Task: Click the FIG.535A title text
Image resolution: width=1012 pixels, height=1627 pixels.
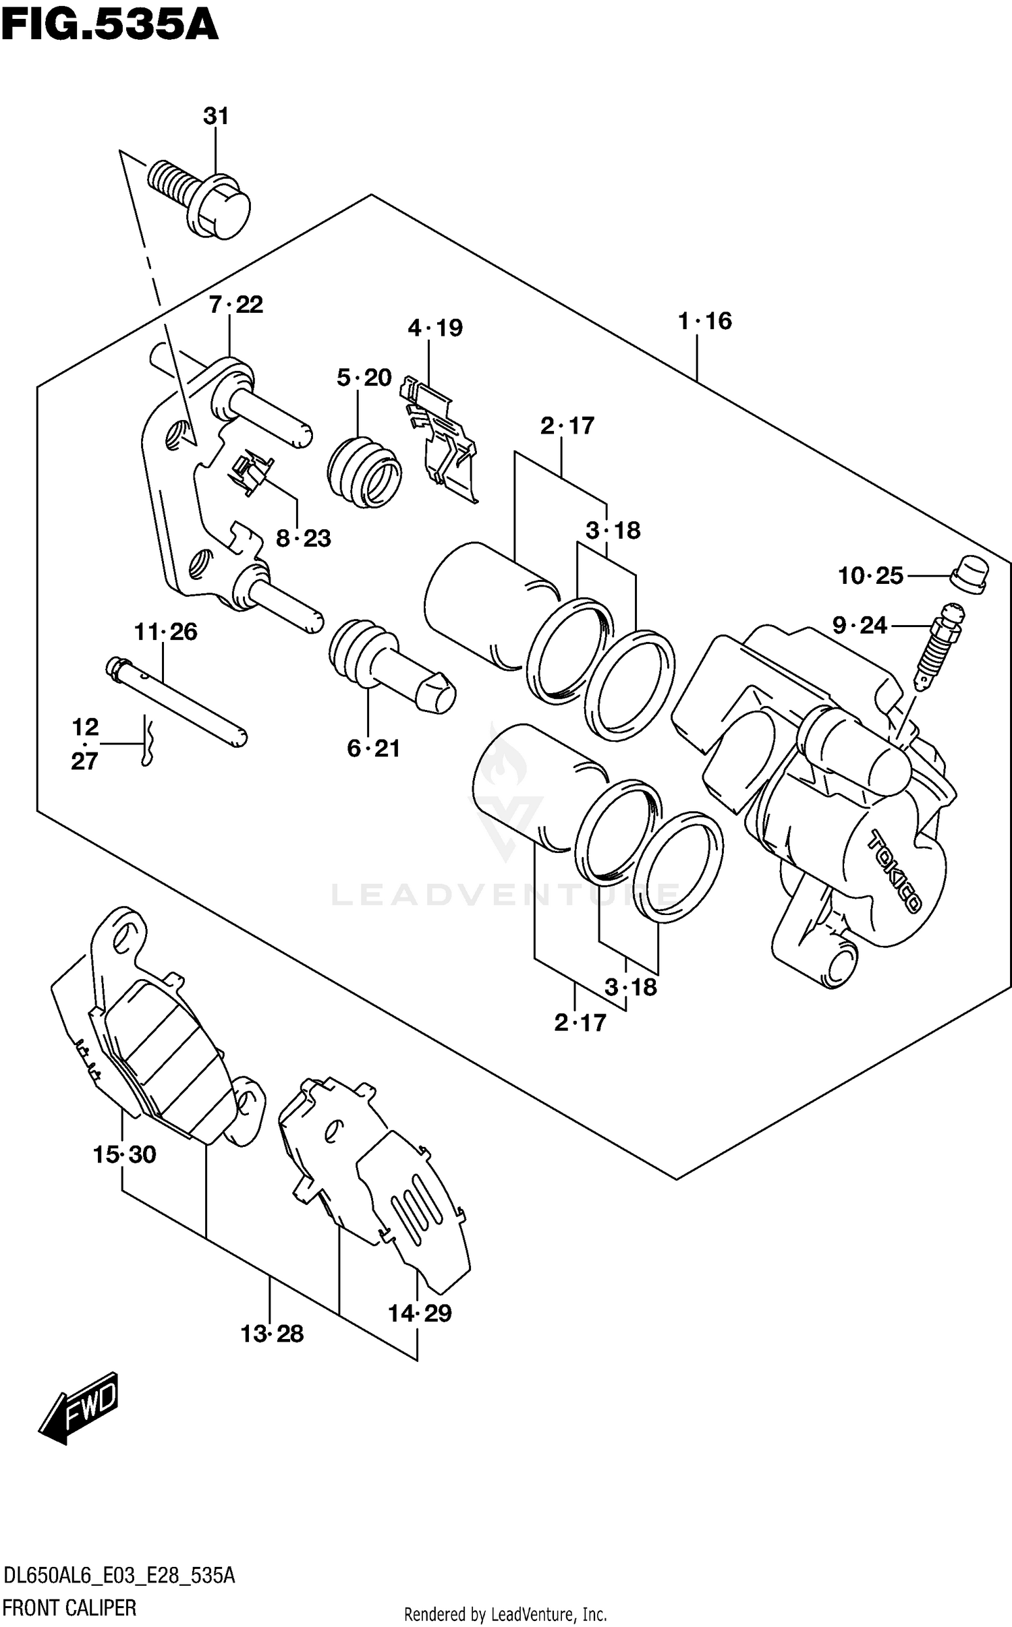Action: (x=110, y=25)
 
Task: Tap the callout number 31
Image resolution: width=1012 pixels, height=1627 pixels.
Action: (x=216, y=117)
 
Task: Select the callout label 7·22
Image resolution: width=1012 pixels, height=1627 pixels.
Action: (x=235, y=305)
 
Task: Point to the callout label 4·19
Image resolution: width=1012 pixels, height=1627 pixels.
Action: (x=435, y=328)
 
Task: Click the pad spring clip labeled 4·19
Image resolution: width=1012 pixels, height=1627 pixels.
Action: (x=442, y=438)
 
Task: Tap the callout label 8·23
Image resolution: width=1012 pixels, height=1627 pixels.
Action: (x=304, y=538)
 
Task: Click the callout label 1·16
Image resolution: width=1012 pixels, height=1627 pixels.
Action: (x=704, y=321)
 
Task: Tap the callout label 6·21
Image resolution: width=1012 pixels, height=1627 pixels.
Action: (x=373, y=748)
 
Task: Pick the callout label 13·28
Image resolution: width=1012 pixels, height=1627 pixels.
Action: (x=272, y=1334)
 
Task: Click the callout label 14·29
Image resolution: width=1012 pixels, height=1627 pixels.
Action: (x=420, y=1313)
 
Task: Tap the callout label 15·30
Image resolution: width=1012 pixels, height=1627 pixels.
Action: (x=124, y=1155)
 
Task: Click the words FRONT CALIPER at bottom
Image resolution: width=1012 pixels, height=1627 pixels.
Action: (x=69, y=1607)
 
